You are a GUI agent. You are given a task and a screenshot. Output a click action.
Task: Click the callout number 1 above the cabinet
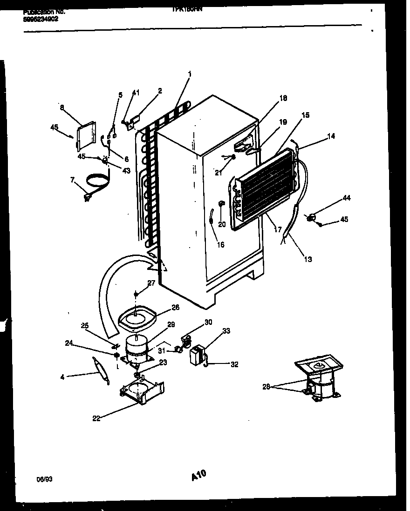tap(190, 74)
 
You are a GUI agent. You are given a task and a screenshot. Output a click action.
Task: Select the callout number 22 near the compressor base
tap(96, 418)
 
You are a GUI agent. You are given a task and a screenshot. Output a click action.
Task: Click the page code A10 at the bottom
tap(198, 476)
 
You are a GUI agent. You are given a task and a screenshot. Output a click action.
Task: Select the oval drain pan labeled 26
tap(137, 317)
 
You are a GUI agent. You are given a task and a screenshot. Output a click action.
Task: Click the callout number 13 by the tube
tap(307, 259)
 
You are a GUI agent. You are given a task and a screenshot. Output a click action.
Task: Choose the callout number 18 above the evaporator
tap(283, 98)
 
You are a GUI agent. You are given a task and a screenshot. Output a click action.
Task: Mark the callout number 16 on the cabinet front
tap(221, 244)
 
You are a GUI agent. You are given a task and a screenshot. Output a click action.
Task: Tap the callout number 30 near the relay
tap(208, 322)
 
